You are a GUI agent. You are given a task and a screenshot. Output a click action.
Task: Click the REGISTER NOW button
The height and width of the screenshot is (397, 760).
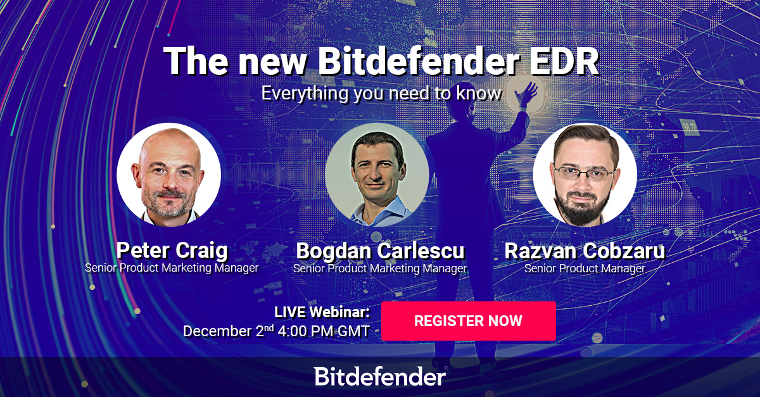(x=469, y=321)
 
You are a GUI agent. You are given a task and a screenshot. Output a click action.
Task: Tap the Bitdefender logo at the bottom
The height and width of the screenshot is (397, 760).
(x=381, y=376)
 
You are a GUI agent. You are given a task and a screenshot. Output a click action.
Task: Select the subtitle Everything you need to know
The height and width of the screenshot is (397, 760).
(x=381, y=93)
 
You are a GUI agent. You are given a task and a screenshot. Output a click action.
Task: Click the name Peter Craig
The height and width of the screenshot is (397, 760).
(x=172, y=251)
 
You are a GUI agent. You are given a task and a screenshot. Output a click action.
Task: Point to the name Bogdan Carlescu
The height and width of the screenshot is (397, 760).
(x=381, y=251)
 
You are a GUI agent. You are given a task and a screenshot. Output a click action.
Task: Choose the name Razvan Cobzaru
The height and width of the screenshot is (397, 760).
(x=585, y=251)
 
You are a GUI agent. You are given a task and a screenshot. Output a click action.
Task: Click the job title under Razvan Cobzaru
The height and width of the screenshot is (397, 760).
(x=585, y=268)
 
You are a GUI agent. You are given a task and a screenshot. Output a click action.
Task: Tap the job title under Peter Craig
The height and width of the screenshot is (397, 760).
(x=172, y=268)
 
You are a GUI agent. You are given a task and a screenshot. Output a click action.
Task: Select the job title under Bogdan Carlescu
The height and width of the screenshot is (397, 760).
(x=380, y=268)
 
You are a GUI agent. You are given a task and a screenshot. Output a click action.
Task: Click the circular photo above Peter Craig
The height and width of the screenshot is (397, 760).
(x=169, y=175)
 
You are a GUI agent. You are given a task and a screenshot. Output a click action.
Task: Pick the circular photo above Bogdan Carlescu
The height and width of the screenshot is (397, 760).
(x=377, y=175)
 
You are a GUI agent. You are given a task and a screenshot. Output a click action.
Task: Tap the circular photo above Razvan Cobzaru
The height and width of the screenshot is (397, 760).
(x=585, y=175)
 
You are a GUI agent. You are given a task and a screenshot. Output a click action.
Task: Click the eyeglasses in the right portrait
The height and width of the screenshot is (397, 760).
(x=584, y=173)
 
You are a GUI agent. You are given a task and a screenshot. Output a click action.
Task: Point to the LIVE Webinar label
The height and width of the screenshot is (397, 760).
(x=322, y=312)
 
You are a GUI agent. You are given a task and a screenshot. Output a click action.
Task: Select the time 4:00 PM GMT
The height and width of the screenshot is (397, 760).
(x=324, y=331)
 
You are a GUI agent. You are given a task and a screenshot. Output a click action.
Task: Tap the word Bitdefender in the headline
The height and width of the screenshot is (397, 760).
(x=419, y=61)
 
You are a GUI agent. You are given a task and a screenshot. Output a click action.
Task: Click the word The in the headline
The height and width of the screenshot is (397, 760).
(x=196, y=61)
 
